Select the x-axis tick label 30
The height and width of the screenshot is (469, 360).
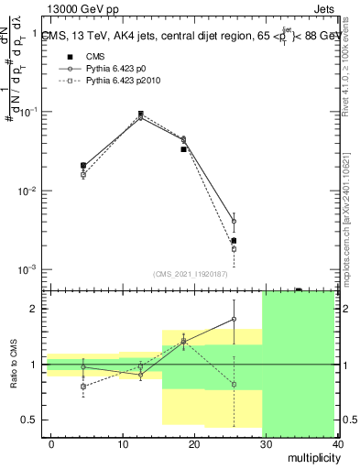[263, 443]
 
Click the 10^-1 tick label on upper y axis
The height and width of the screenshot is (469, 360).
[27, 112]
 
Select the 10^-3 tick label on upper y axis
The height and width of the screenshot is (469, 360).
[27, 270]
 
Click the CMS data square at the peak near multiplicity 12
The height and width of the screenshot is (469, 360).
[140, 115]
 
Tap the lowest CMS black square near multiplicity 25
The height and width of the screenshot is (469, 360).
[234, 241]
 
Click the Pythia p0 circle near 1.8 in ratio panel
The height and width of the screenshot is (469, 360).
[234, 320]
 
